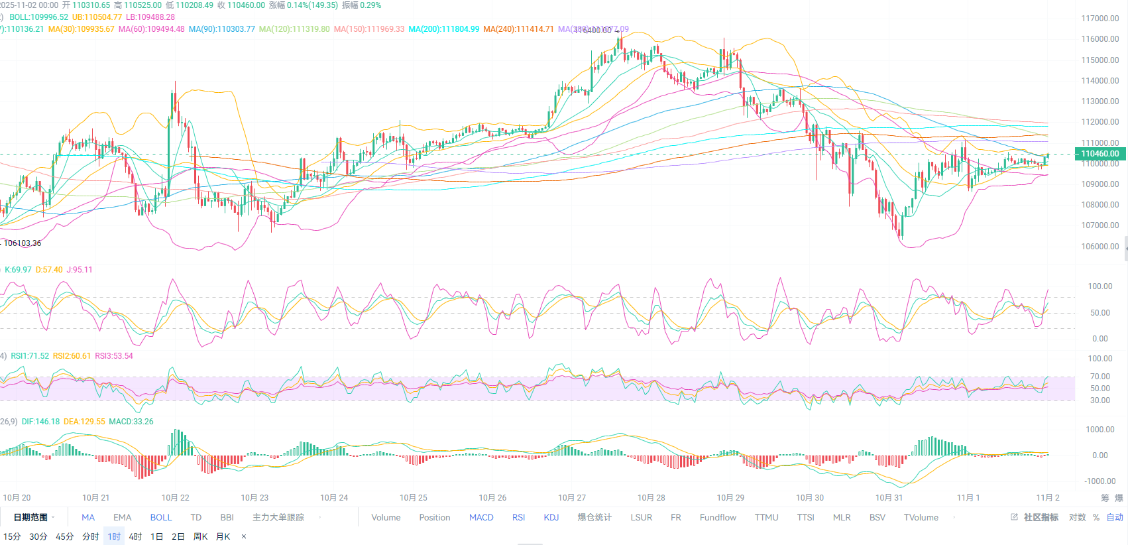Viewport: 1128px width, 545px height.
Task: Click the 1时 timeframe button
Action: coord(114,536)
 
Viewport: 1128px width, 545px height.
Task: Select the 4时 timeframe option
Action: coord(135,536)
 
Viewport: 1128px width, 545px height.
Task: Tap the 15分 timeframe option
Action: coord(12,536)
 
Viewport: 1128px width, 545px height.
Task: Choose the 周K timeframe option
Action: coord(200,536)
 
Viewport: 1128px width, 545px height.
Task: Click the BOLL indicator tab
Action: coord(160,517)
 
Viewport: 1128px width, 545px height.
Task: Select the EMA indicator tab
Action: coord(122,517)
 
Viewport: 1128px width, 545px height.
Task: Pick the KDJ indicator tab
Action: coord(551,517)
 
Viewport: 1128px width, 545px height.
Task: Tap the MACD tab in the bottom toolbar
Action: coord(481,517)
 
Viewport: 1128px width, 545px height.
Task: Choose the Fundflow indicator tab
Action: coord(718,517)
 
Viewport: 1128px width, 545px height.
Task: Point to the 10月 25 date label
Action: coord(413,497)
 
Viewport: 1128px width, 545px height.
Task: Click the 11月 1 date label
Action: coord(968,497)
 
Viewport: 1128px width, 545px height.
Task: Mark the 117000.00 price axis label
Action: coord(1100,19)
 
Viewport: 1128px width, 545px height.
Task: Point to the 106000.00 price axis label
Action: coord(1100,246)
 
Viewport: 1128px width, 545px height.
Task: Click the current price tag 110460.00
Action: coord(1100,154)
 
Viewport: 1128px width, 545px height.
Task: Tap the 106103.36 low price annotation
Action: coord(23,243)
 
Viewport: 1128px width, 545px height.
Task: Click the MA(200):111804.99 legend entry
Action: coord(443,29)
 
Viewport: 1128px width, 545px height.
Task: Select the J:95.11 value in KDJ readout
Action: coord(80,270)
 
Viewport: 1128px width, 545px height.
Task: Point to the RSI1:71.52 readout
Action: coord(30,356)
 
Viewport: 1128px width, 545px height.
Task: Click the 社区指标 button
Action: coord(1040,517)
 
